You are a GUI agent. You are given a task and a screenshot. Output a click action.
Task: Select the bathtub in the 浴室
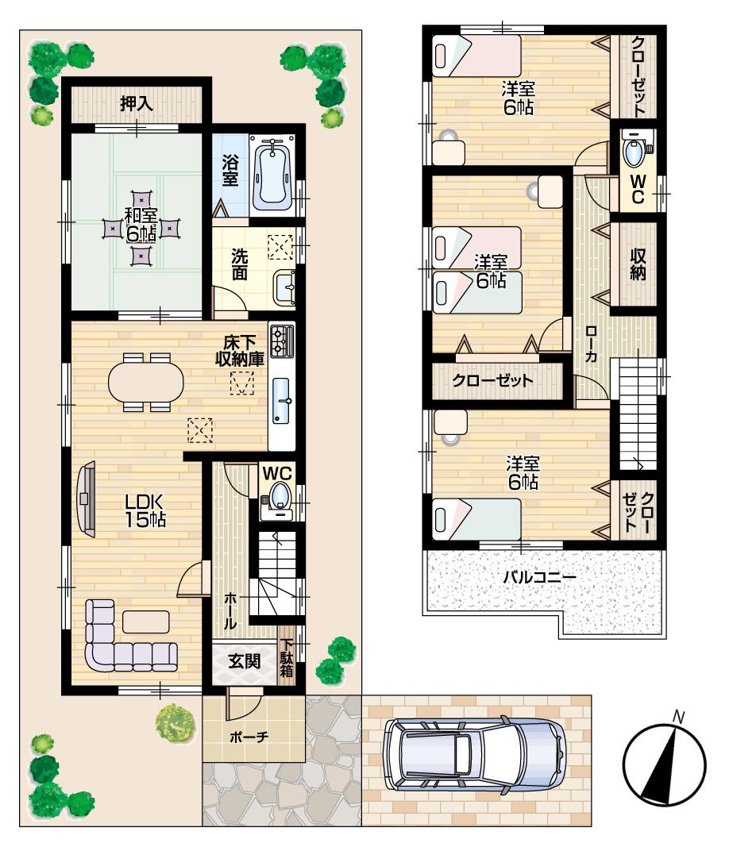[272, 172]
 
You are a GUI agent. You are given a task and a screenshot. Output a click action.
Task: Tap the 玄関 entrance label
[245, 661]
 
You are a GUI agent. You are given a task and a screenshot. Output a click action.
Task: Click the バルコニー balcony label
[539, 576]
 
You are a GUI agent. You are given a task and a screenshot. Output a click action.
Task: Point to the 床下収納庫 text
[239, 350]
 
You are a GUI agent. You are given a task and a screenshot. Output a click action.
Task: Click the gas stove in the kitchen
[281, 341]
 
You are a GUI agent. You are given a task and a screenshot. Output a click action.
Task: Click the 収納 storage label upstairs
[638, 264]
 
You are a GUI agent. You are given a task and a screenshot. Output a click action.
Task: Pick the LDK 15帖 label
[144, 510]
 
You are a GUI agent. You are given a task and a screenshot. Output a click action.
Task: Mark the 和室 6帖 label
[141, 225]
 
